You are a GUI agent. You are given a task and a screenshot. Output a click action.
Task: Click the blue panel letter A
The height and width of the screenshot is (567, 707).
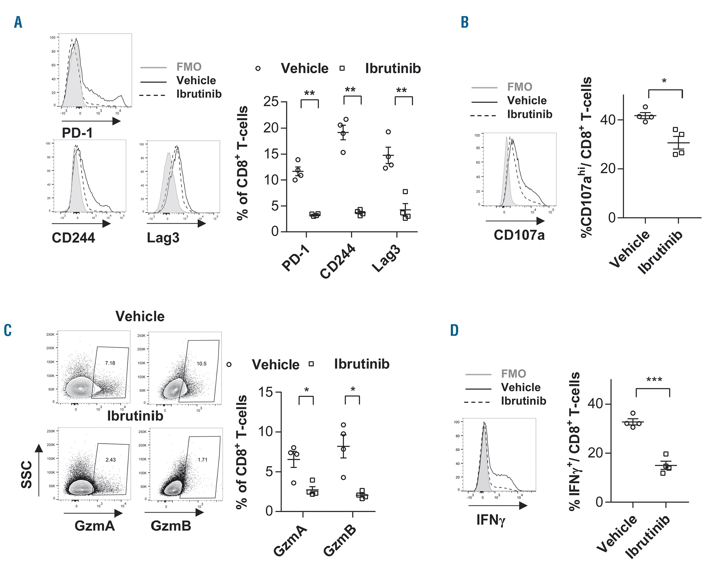(x=18, y=22)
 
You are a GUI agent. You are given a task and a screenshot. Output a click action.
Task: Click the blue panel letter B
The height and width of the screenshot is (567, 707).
(x=464, y=22)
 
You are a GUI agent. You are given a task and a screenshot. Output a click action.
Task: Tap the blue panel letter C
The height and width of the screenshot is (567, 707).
(x=7, y=330)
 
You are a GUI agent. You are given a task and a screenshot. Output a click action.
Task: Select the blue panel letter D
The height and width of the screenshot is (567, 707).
(x=454, y=330)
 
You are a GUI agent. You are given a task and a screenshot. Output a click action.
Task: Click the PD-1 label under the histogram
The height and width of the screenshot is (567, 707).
(x=77, y=133)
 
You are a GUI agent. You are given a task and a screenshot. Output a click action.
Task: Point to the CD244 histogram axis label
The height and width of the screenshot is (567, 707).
(x=73, y=238)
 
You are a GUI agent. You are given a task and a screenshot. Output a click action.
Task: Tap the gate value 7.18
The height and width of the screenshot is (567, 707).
(x=110, y=363)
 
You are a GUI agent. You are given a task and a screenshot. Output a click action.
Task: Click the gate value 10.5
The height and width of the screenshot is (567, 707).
(x=201, y=363)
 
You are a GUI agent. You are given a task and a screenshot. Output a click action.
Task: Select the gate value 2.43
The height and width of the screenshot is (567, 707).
(x=111, y=460)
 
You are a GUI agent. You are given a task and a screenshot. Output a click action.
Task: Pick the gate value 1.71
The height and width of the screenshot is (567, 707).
(x=203, y=460)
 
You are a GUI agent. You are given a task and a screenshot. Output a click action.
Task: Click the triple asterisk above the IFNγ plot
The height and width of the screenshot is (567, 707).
(x=654, y=380)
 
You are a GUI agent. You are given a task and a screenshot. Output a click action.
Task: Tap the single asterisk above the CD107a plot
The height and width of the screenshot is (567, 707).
(x=664, y=81)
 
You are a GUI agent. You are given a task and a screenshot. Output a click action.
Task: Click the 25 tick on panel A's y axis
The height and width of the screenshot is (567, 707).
(x=271, y=102)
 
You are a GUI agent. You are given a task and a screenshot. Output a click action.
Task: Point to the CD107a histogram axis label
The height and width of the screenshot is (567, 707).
(x=519, y=235)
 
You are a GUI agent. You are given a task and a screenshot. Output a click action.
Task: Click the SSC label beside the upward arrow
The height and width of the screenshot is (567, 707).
(x=27, y=475)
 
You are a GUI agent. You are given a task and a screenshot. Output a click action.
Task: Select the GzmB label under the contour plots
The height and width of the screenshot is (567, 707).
(x=171, y=526)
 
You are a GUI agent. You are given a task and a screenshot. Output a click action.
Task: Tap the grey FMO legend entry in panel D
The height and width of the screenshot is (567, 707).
(x=513, y=374)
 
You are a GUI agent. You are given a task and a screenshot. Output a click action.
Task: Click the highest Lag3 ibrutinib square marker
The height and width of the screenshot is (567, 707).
(x=405, y=192)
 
